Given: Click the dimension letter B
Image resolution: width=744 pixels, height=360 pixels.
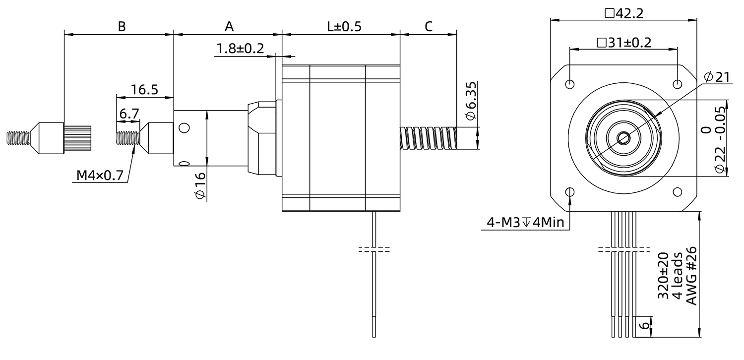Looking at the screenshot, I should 122,26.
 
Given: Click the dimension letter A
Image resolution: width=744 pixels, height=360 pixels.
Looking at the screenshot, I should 229,26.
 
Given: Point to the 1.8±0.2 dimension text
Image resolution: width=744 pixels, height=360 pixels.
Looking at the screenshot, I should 240,49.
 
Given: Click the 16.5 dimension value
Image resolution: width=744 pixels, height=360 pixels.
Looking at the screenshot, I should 144,90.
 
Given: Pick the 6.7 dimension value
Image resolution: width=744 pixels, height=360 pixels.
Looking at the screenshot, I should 128,114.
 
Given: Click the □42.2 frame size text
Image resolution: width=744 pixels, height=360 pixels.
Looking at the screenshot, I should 624,13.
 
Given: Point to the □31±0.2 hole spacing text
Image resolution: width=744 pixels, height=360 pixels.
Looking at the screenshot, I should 624,42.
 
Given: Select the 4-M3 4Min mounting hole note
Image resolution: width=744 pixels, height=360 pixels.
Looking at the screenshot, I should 526,223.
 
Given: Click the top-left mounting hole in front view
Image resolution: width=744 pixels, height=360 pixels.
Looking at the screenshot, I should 570,83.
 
